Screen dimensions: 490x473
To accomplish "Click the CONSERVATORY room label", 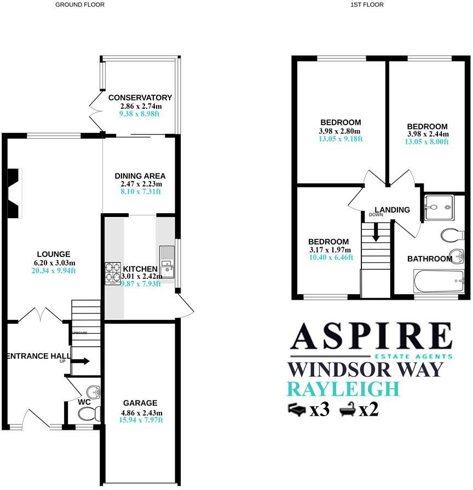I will (x=140, y=98).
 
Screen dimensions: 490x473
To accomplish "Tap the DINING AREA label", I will (x=140, y=176).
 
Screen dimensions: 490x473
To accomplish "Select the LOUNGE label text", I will (x=53, y=254).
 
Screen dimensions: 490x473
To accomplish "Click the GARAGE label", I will (x=140, y=403).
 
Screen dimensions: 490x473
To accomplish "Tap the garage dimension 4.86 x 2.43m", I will (x=140, y=412).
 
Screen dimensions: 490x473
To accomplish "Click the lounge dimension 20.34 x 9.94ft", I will (x=53, y=270).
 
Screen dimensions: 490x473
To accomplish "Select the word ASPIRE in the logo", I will (x=372, y=336).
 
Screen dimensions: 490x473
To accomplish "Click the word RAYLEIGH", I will (x=343, y=389).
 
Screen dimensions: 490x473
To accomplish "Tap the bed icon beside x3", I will (x=297, y=409).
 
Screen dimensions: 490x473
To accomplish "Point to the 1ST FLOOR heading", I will (x=367, y=4).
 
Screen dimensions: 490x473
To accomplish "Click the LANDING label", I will (x=392, y=210).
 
